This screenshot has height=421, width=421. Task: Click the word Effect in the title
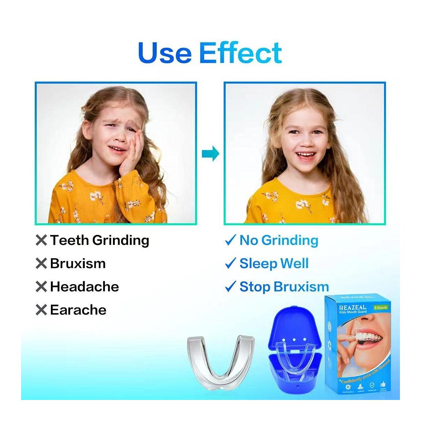(240, 53)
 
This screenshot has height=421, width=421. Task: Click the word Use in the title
(165, 53)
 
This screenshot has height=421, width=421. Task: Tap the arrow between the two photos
(210, 153)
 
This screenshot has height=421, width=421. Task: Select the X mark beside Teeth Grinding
(41, 240)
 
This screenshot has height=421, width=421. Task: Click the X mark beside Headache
(41, 287)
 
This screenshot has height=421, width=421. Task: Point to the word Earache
(78, 310)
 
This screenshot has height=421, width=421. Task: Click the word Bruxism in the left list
(78, 263)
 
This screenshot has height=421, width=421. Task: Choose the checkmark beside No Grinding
(230, 240)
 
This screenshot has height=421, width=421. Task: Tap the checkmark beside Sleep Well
(230, 263)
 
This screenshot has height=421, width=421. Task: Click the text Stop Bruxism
(284, 287)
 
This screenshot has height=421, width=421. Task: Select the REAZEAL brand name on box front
(352, 307)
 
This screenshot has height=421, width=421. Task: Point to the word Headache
(84, 287)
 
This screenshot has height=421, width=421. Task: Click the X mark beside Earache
(41, 310)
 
